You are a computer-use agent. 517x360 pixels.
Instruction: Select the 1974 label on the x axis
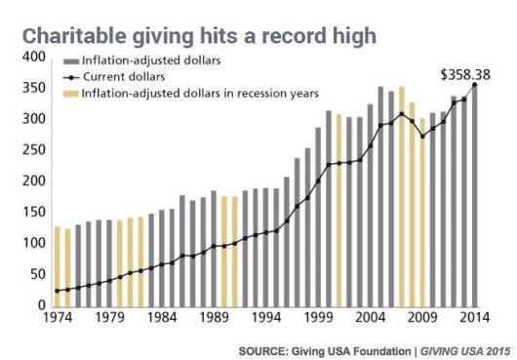coord(57,316)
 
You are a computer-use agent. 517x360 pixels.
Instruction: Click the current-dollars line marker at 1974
coord(58,291)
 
